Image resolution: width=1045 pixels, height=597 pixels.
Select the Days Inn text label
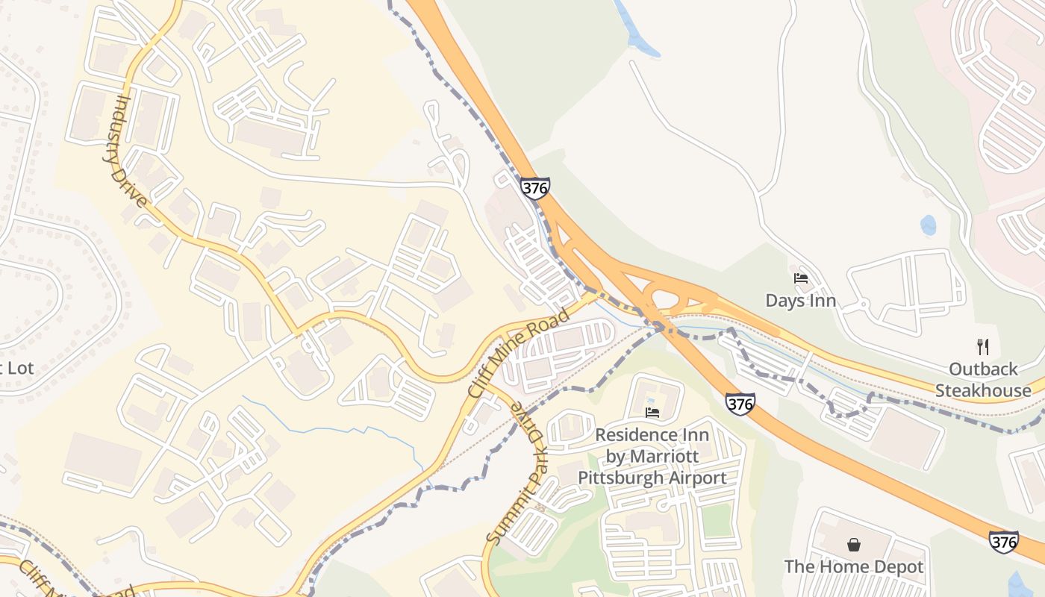coord(800,301)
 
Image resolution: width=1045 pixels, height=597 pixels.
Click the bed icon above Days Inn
coord(801,278)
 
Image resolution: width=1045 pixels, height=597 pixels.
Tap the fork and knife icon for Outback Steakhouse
coord(982,346)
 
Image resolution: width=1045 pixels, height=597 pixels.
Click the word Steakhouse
coord(983,390)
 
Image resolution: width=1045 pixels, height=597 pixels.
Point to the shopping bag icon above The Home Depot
coord(854,545)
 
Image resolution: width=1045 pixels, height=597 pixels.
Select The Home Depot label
coord(854,567)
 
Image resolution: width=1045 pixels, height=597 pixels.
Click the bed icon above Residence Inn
coord(652,412)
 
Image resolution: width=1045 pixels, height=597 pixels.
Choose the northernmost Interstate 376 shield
coord(535,188)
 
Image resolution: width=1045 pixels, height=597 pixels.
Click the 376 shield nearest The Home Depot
coord(1003,542)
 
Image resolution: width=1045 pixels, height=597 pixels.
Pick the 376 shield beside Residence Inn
coord(740,404)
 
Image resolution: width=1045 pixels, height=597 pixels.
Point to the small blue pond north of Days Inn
coord(928,225)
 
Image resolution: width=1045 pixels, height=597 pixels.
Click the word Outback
coord(983,369)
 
